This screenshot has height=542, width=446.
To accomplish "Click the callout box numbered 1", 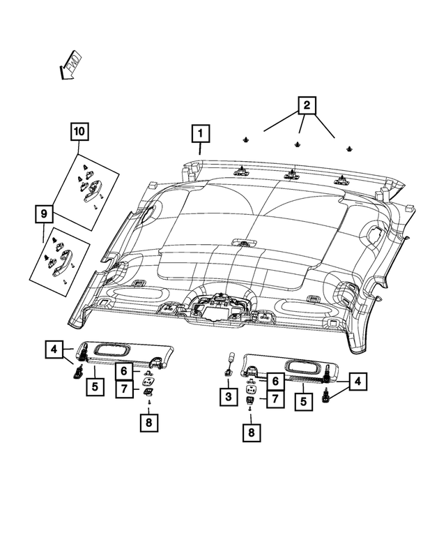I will pyautogui.click(x=200, y=133).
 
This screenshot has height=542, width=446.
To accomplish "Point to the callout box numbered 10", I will pyautogui.click(x=79, y=131).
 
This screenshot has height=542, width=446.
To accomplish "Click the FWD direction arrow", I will pyautogui.click(x=70, y=63).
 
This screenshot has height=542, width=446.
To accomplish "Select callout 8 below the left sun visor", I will pyautogui.click(x=148, y=423).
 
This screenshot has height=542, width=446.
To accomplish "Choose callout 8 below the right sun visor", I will pyautogui.click(x=249, y=433).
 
